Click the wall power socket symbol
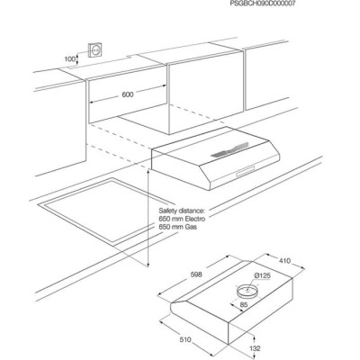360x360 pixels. tap(95, 50)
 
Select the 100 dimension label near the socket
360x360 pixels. tap(70, 59)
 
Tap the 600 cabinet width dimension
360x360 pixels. tap(128, 94)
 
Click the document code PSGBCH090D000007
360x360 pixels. tap(263, 4)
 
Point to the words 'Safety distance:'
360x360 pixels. tap(182, 211)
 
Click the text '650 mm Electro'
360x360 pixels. tap(182, 219)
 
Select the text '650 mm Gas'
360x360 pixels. tap(178, 227)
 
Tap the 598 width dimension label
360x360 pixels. tap(196, 274)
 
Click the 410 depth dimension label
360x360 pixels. tap(284, 261)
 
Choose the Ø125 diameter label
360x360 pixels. tap(263, 275)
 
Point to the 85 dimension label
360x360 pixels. tap(244, 305)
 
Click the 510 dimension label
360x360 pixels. tap(185, 339)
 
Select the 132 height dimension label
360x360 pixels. tap(255, 348)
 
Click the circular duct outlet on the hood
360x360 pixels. tap(247, 290)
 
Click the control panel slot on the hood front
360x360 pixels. tap(246, 172)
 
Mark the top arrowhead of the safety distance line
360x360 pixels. tap(148, 172)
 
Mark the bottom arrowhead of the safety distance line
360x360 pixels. tap(148, 265)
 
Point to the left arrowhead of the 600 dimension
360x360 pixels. tap(92, 103)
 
